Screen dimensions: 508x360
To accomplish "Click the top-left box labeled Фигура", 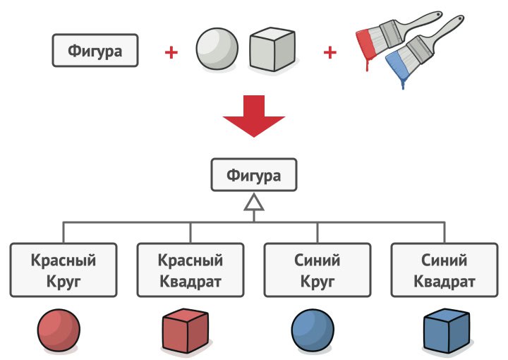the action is pos(95,51).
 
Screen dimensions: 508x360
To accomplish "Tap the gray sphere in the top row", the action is pos(217,49).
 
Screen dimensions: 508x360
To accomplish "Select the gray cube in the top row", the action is pos(272,49).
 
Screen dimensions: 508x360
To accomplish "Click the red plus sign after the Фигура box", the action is pos(171,52).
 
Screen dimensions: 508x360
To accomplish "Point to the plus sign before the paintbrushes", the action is pos(329,52).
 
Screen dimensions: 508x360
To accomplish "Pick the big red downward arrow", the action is pos(254,116).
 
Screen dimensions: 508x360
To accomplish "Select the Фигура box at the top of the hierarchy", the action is pos(254,174).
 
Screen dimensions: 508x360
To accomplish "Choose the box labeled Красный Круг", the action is pos(64,270).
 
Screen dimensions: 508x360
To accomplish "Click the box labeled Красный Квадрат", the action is pos(190,270).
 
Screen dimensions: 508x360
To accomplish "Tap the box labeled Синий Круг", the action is pos(317,270).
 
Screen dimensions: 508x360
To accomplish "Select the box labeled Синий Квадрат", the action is pos(445,270).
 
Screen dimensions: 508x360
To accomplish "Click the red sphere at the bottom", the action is pos(59,330).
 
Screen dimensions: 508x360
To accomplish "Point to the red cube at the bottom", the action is pos(185,330).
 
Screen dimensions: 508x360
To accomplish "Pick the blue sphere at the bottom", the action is pos(313,330).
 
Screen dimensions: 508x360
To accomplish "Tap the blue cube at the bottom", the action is pos(447,330).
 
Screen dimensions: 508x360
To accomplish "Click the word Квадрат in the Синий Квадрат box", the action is pos(445,282).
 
